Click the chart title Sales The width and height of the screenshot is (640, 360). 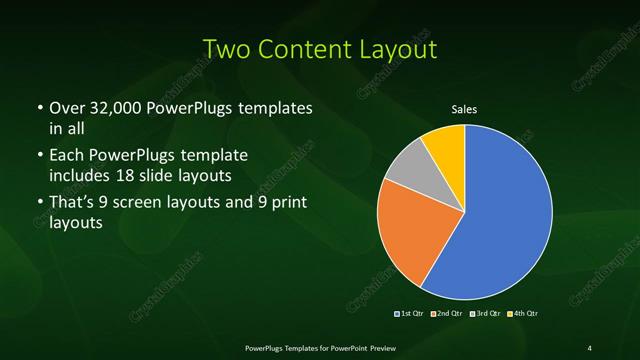[x=465, y=110]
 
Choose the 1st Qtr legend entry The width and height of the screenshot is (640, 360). [x=411, y=314]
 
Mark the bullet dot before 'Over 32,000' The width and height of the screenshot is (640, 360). [x=38, y=108]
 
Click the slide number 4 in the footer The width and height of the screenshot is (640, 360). [x=589, y=347]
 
